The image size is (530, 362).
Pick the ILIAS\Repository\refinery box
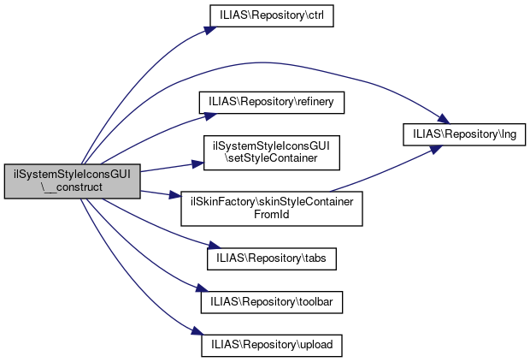(x=272, y=101)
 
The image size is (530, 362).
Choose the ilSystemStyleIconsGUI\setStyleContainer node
(x=272, y=151)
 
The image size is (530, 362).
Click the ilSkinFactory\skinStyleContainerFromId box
(x=272, y=208)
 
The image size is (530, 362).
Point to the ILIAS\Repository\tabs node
(x=272, y=256)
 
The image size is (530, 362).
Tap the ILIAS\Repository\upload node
(x=272, y=344)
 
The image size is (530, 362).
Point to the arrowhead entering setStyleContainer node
(x=196, y=159)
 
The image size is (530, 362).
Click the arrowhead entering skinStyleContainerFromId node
(x=175, y=196)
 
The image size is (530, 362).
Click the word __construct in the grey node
(x=73, y=189)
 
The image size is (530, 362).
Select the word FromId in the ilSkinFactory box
(x=272, y=215)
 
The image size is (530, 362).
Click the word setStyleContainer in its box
(x=272, y=158)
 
